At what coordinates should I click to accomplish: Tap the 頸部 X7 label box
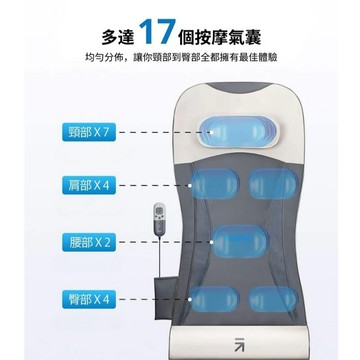click(89, 132)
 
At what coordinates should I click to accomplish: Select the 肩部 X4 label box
click(89, 185)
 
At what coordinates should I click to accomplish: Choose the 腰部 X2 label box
click(89, 242)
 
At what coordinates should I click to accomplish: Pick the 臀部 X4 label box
click(89, 299)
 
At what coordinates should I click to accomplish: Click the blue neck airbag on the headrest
click(238, 132)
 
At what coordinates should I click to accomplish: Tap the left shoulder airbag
click(215, 184)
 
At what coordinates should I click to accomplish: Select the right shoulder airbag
click(273, 184)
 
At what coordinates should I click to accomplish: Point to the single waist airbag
click(240, 242)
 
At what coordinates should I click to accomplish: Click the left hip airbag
click(214, 299)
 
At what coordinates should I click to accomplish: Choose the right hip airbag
click(273, 299)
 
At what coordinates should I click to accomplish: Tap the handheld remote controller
click(159, 217)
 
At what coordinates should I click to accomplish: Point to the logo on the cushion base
click(239, 344)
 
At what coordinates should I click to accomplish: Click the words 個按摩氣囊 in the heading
click(220, 37)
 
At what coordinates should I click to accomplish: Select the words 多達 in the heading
click(118, 37)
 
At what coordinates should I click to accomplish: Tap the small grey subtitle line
click(181, 57)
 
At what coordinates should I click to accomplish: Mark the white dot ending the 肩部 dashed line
click(190, 185)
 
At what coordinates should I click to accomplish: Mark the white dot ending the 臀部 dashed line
click(190, 299)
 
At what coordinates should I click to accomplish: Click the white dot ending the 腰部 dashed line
click(212, 242)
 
